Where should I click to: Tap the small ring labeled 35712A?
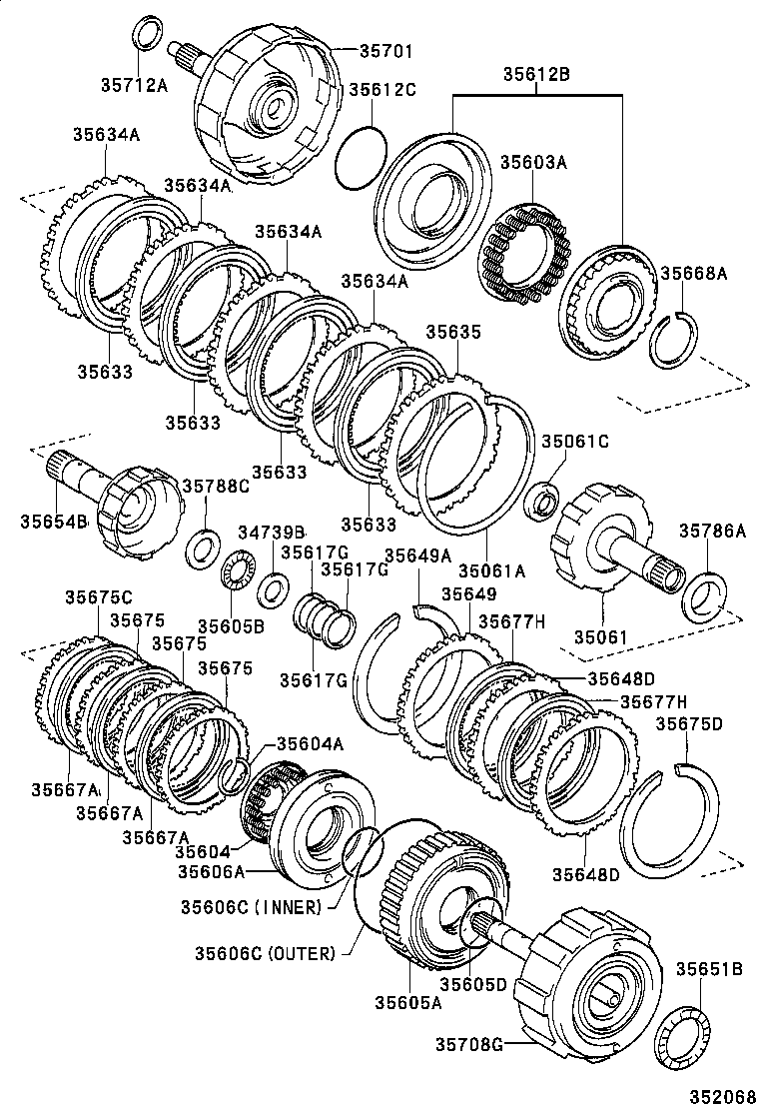coord(148,32)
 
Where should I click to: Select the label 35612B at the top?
coord(536,73)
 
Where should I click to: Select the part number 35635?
coord(454,333)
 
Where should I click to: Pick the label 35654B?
coord(54,522)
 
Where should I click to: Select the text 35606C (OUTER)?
coord(265,953)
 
